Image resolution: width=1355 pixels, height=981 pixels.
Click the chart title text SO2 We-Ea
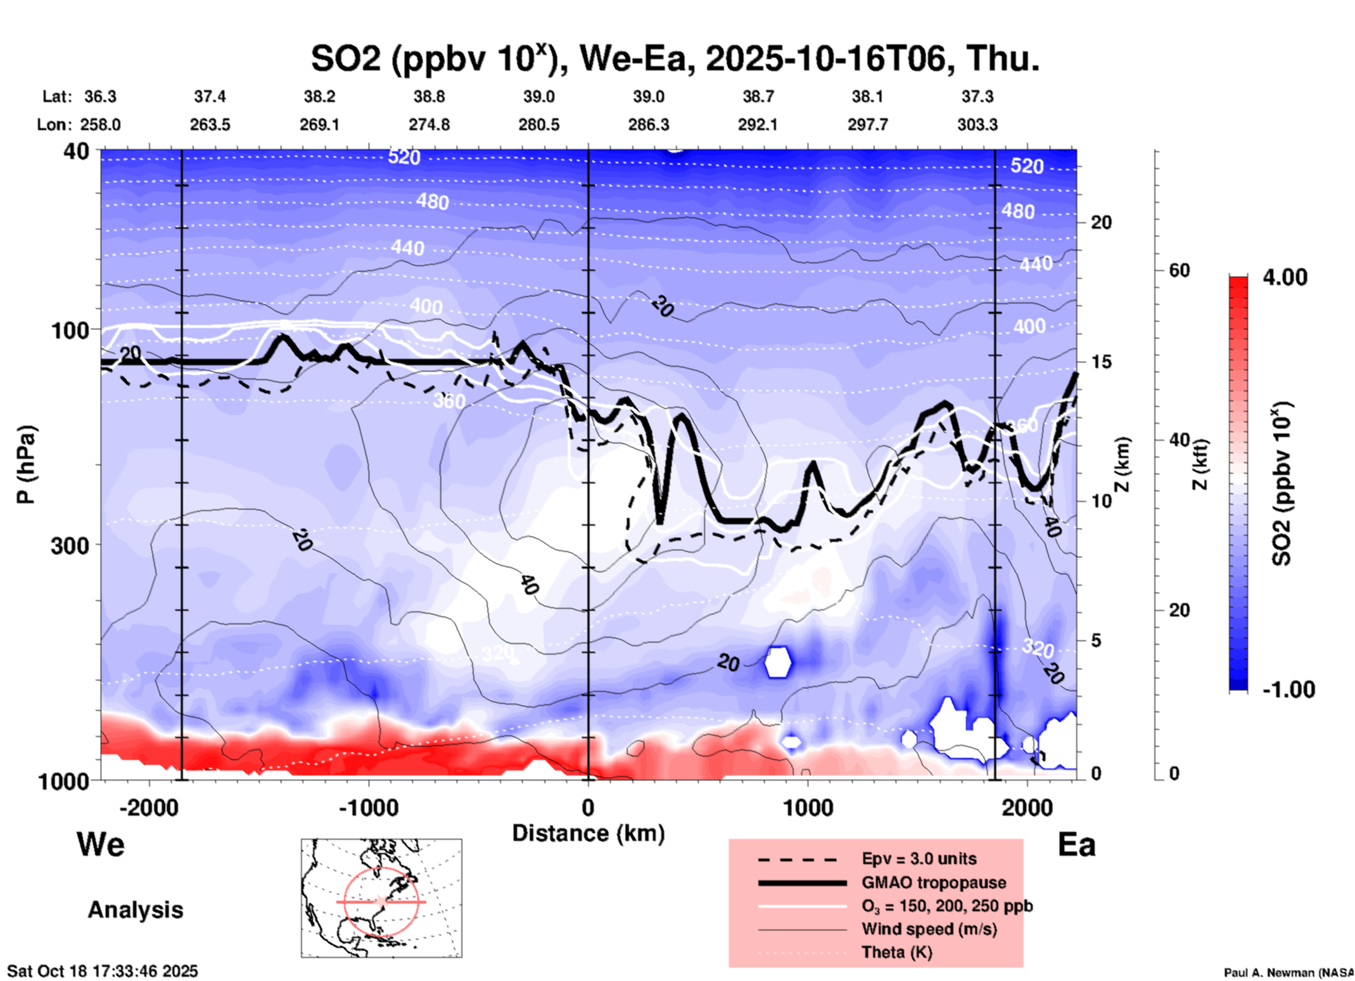675,58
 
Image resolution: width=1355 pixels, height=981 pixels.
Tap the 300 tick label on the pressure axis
70,545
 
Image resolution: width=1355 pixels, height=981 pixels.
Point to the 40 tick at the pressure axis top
77,151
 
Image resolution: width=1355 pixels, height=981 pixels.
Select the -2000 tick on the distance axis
149,807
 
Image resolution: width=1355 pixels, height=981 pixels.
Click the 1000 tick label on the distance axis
808,807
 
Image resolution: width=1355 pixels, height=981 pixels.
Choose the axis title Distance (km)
588,833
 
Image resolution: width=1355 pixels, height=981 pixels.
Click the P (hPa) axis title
26,464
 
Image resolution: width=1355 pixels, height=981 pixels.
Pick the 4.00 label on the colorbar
1285,277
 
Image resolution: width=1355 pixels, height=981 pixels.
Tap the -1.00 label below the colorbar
1288,690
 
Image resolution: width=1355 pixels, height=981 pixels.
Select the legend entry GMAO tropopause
934,882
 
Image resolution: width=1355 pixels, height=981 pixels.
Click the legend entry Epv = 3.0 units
919,859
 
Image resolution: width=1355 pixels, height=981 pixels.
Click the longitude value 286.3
649,125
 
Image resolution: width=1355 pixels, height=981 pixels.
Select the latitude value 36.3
100,96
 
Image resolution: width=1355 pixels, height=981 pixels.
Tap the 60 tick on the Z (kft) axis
1179,270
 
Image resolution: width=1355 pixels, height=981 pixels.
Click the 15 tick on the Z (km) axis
1101,362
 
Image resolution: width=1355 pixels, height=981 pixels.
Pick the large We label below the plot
101,844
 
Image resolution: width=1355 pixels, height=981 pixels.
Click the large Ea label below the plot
1076,845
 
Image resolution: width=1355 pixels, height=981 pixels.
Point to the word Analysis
135,910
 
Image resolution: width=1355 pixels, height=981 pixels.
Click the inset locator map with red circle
381,898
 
